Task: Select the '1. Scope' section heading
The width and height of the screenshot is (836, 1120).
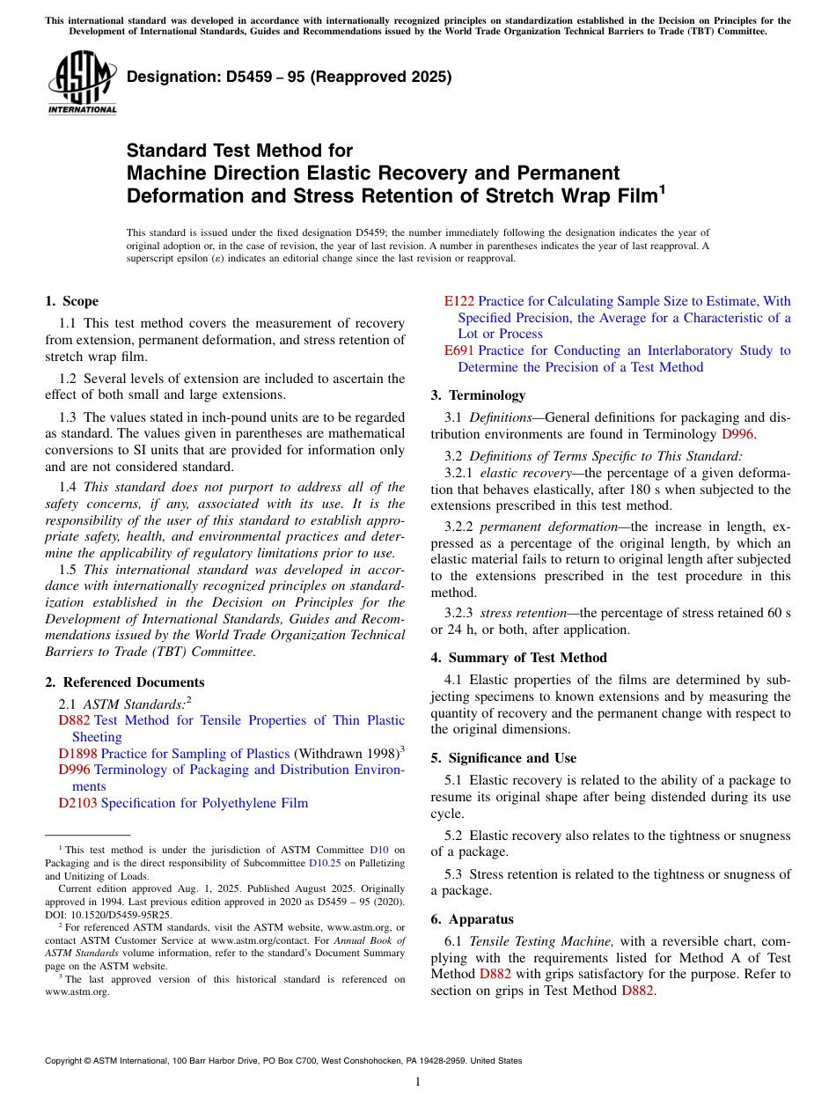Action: point(71,301)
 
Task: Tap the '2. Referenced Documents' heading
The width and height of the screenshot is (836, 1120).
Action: point(124,682)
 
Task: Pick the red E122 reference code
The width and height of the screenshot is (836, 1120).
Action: point(458,301)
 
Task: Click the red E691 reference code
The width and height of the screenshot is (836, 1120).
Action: point(458,350)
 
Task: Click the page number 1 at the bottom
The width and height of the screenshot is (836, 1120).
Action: point(418,1082)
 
